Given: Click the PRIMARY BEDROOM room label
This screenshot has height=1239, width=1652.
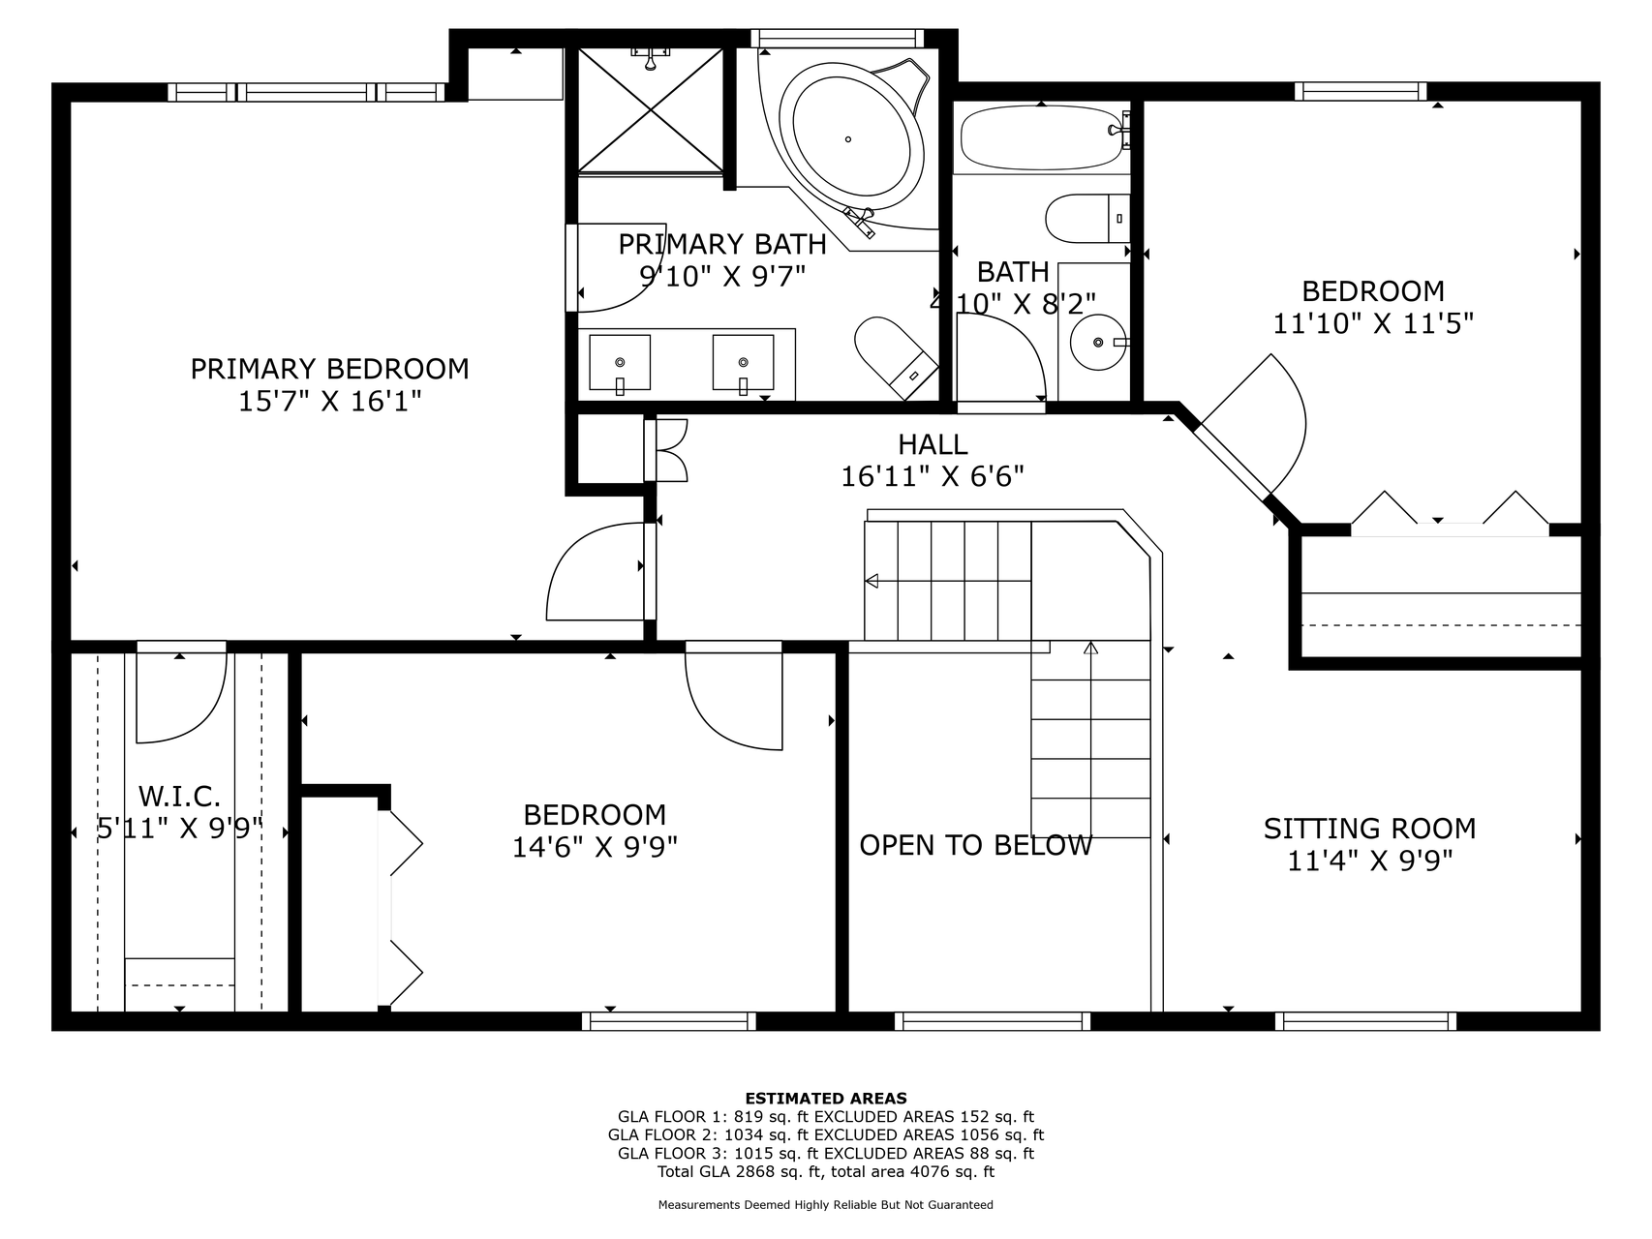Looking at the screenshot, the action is click(x=329, y=369).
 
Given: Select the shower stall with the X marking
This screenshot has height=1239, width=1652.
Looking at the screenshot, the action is click(x=651, y=109).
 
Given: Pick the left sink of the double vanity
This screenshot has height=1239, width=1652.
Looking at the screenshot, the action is click(x=620, y=363).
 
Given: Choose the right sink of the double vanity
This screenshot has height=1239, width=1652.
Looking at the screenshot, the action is click(x=743, y=363).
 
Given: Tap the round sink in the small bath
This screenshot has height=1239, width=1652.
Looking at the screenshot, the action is click(x=1099, y=342).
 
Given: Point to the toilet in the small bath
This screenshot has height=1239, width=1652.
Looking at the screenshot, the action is click(x=1087, y=219).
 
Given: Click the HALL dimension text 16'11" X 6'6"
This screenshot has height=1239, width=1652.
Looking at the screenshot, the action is click(x=933, y=476).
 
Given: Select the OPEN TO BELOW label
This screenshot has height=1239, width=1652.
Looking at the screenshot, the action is click(x=976, y=845).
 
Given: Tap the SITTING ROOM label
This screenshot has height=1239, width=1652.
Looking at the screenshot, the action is click(x=1369, y=829).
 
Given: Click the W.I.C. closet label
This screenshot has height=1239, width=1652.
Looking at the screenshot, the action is click(x=180, y=797).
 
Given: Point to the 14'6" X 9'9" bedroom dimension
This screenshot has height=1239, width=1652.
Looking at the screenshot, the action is click(x=595, y=847).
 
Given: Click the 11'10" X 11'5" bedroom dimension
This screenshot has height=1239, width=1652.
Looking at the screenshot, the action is click(x=1373, y=322).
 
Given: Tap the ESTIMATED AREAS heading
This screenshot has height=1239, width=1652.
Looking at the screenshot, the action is click(x=826, y=1098).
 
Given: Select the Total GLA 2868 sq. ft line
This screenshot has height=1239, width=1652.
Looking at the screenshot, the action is click(x=826, y=1171).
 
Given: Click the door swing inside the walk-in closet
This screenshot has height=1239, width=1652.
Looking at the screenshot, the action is click(x=181, y=698).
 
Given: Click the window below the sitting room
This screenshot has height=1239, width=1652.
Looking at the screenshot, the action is click(x=1366, y=1021).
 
